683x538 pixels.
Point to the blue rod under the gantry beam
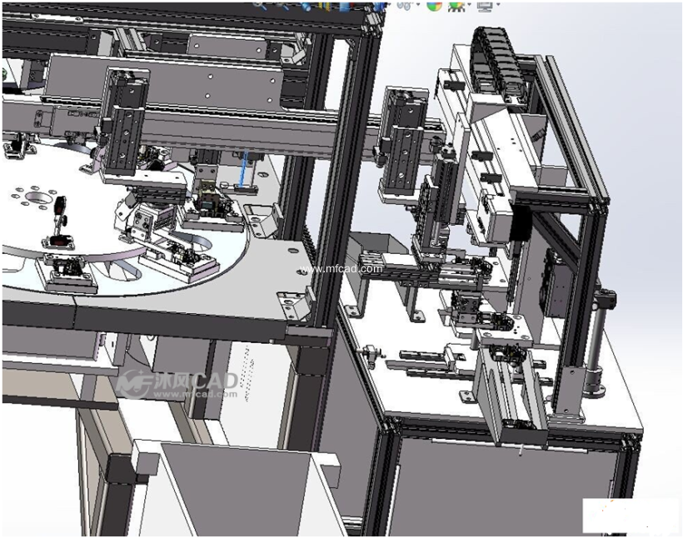[x=243, y=171]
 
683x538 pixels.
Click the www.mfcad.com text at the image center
[x=341, y=268]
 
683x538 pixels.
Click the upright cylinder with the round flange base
[x=595, y=350]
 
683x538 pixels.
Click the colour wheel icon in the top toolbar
[x=434, y=5]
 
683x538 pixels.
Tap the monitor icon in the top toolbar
[x=484, y=5]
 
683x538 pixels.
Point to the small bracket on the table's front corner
[x=294, y=303]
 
